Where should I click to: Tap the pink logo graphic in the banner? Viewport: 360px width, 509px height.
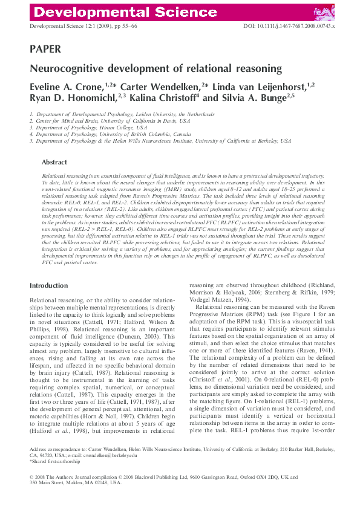coord(324,12)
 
